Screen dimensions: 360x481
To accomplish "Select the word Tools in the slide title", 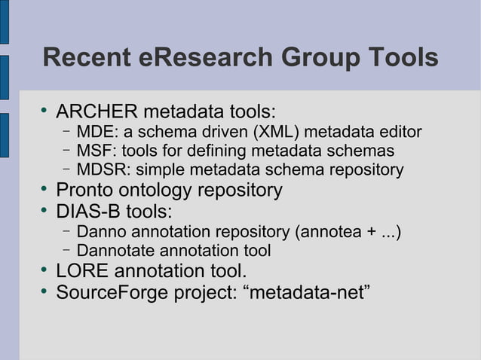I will point(399,57).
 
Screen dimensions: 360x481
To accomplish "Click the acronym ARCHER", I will point(97,113).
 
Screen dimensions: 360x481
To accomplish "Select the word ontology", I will point(165,191).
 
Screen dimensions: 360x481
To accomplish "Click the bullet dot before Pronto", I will point(45,188).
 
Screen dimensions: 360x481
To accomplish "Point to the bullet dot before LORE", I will point(45,269).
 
